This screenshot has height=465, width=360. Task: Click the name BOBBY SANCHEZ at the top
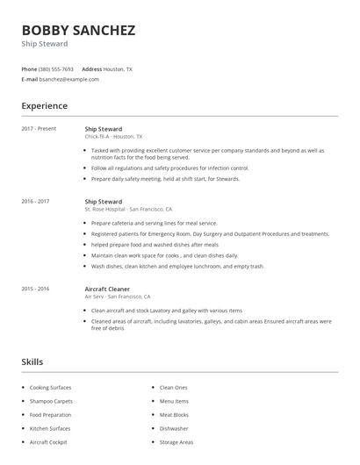pos(78,30)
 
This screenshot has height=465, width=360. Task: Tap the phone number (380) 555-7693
pos(56,68)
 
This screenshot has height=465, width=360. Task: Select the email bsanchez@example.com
pos(69,79)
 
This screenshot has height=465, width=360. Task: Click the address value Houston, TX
pos(119,68)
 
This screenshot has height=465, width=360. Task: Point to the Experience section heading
pos(45,106)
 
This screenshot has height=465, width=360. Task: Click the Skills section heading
pos(32,361)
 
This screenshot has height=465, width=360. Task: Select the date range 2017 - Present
pos(39,129)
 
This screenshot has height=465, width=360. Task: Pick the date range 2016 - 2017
pos(35,202)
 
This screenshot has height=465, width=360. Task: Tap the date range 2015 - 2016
pos(35,288)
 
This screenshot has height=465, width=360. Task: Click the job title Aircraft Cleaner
pos(107,288)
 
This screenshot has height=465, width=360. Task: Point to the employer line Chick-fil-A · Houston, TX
pos(113,137)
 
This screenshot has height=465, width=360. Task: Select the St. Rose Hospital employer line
pos(128,210)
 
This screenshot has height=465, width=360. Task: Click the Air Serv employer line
pos(118,297)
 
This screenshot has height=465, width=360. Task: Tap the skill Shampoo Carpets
pos(51,401)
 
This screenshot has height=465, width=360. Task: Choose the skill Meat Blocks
pos(174,414)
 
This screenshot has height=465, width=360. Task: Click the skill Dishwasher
pos(174,428)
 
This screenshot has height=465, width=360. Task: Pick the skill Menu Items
pos(174,401)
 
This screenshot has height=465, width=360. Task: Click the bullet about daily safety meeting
pos(165,179)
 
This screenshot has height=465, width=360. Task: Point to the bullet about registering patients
pos(210,234)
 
